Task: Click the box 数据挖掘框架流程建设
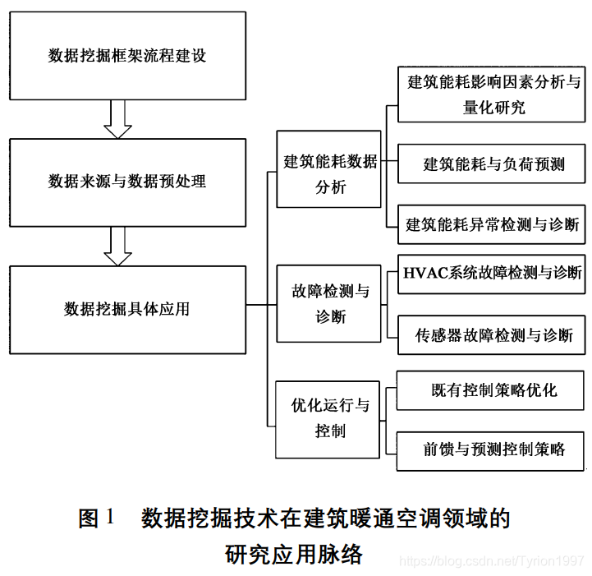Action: pos(127,57)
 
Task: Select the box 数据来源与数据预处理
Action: pos(127,181)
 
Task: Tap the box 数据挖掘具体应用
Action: pos(127,309)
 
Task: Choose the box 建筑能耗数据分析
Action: pos(328,169)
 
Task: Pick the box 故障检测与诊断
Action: pos(328,304)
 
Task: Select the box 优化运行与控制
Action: pos(328,419)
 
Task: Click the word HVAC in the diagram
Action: pos(424,273)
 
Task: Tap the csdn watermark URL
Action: pos(491,560)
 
